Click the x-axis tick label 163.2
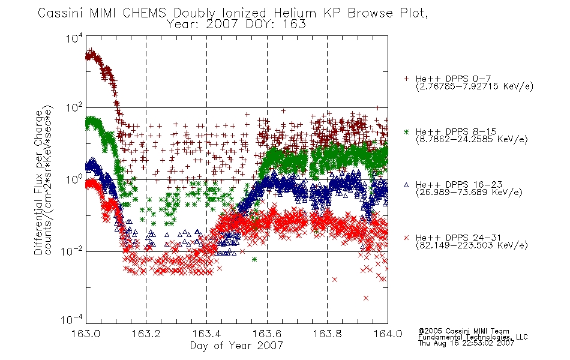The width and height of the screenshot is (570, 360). (x=146, y=334)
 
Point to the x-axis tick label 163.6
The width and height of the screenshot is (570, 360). (x=267, y=334)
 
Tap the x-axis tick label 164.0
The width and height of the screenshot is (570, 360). (x=388, y=334)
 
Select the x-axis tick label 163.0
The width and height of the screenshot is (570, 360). (x=86, y=334)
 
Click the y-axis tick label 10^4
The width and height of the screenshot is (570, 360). (x=74, y=38)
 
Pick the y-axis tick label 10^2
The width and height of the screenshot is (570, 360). (x=74, y=108)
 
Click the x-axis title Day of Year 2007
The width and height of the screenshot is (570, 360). (x=236, y=346)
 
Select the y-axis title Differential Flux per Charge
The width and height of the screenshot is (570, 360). (x=38, y=183)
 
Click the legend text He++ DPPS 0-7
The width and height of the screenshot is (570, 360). (x=454, y=79)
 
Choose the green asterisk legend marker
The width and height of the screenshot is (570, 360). (x=406, y=131)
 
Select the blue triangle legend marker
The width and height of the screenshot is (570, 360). (x=406, y=185)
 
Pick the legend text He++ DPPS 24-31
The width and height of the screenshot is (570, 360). (x=458, y=238)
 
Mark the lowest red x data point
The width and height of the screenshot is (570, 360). (x=366, y=298)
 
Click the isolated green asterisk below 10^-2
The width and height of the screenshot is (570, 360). (x=254, y=259)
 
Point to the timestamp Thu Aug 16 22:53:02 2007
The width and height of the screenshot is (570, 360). (x=466, y=343)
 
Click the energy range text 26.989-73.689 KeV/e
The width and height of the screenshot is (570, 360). (x=469, y=193)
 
